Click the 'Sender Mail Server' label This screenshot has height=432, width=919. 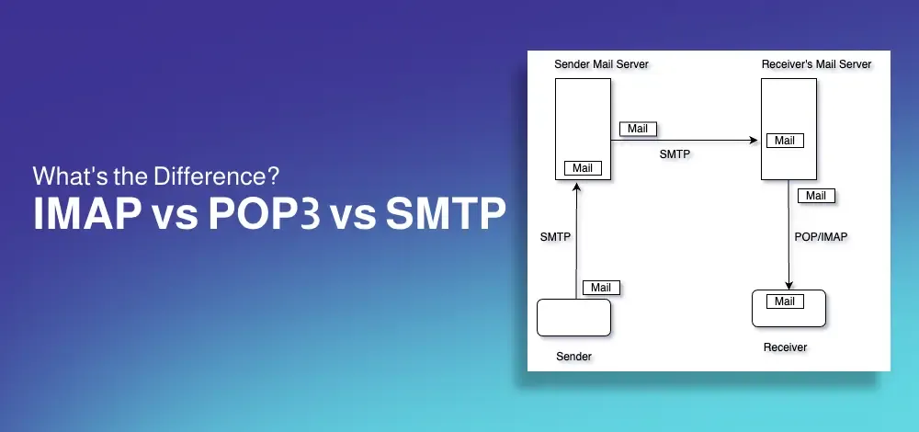(x=601, y=64)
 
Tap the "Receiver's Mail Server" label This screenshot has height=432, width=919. (x=816, y=64)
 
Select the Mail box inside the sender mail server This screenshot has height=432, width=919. (x=583, y=168)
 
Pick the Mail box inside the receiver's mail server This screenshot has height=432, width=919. (x=785, y=141)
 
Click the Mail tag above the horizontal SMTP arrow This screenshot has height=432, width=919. (x=638, y=129)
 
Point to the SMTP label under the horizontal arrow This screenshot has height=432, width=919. (x=675, y=154)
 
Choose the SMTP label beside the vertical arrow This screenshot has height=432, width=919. (x=555, y=237)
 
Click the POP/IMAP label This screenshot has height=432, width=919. (x=821, y=237)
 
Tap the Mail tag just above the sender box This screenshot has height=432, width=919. (x=601, y=288)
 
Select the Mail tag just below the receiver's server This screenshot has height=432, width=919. (x=816, y=196)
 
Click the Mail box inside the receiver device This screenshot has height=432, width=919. (x=785, y=301)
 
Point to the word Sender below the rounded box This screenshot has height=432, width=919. (x=573, y=357)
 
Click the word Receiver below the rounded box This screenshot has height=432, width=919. (x=786, y=347)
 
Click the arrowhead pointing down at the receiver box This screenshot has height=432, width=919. (x=789, y=286)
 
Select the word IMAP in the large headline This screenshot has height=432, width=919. (x=85, y=214)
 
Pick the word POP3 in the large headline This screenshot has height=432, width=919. (x=265, y=214)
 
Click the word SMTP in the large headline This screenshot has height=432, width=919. (x=446, y=214)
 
